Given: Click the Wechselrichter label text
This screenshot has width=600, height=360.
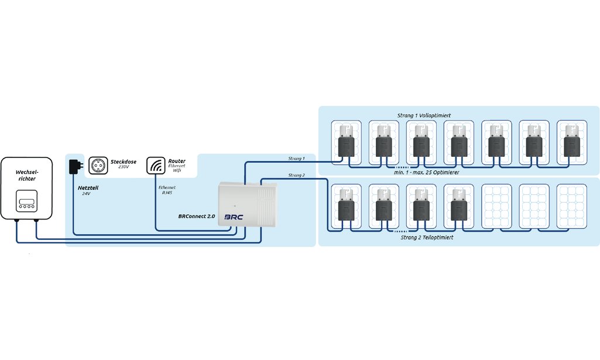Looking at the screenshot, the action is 27,175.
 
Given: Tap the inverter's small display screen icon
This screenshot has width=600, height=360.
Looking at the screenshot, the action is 26,201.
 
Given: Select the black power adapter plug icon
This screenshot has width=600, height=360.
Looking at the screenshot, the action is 76,167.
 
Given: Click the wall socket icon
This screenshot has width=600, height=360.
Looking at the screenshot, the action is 98,165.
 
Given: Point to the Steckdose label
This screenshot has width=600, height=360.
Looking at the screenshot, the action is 124,162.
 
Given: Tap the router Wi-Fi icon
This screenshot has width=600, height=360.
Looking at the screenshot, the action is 156,165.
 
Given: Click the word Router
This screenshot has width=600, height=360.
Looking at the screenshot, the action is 177,161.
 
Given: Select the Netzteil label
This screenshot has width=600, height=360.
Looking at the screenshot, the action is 88,188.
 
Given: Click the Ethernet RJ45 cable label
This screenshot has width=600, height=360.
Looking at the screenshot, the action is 167,190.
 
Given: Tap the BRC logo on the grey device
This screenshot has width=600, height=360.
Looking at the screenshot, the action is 234,217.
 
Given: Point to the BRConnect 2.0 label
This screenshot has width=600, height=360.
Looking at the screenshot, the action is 197,216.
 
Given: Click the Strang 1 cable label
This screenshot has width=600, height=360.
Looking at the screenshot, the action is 296,158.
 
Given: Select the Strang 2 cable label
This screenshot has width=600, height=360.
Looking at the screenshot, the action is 297,175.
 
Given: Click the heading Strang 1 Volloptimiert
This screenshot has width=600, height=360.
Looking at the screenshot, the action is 424,115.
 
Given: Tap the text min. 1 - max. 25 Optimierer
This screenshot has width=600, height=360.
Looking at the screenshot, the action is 426,172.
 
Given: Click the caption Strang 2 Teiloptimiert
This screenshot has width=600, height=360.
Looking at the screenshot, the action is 427,237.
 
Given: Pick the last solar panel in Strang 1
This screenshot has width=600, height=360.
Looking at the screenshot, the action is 572,143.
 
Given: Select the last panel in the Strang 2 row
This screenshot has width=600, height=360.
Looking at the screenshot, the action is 572,207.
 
